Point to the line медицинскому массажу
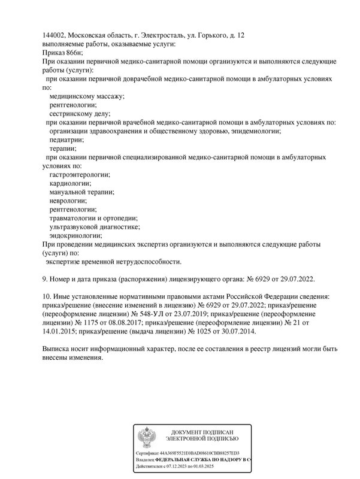click(x=87, y=96)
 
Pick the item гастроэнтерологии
click(x=80, y=174)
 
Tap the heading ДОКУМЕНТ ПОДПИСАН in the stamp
click(x=202, y=432)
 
